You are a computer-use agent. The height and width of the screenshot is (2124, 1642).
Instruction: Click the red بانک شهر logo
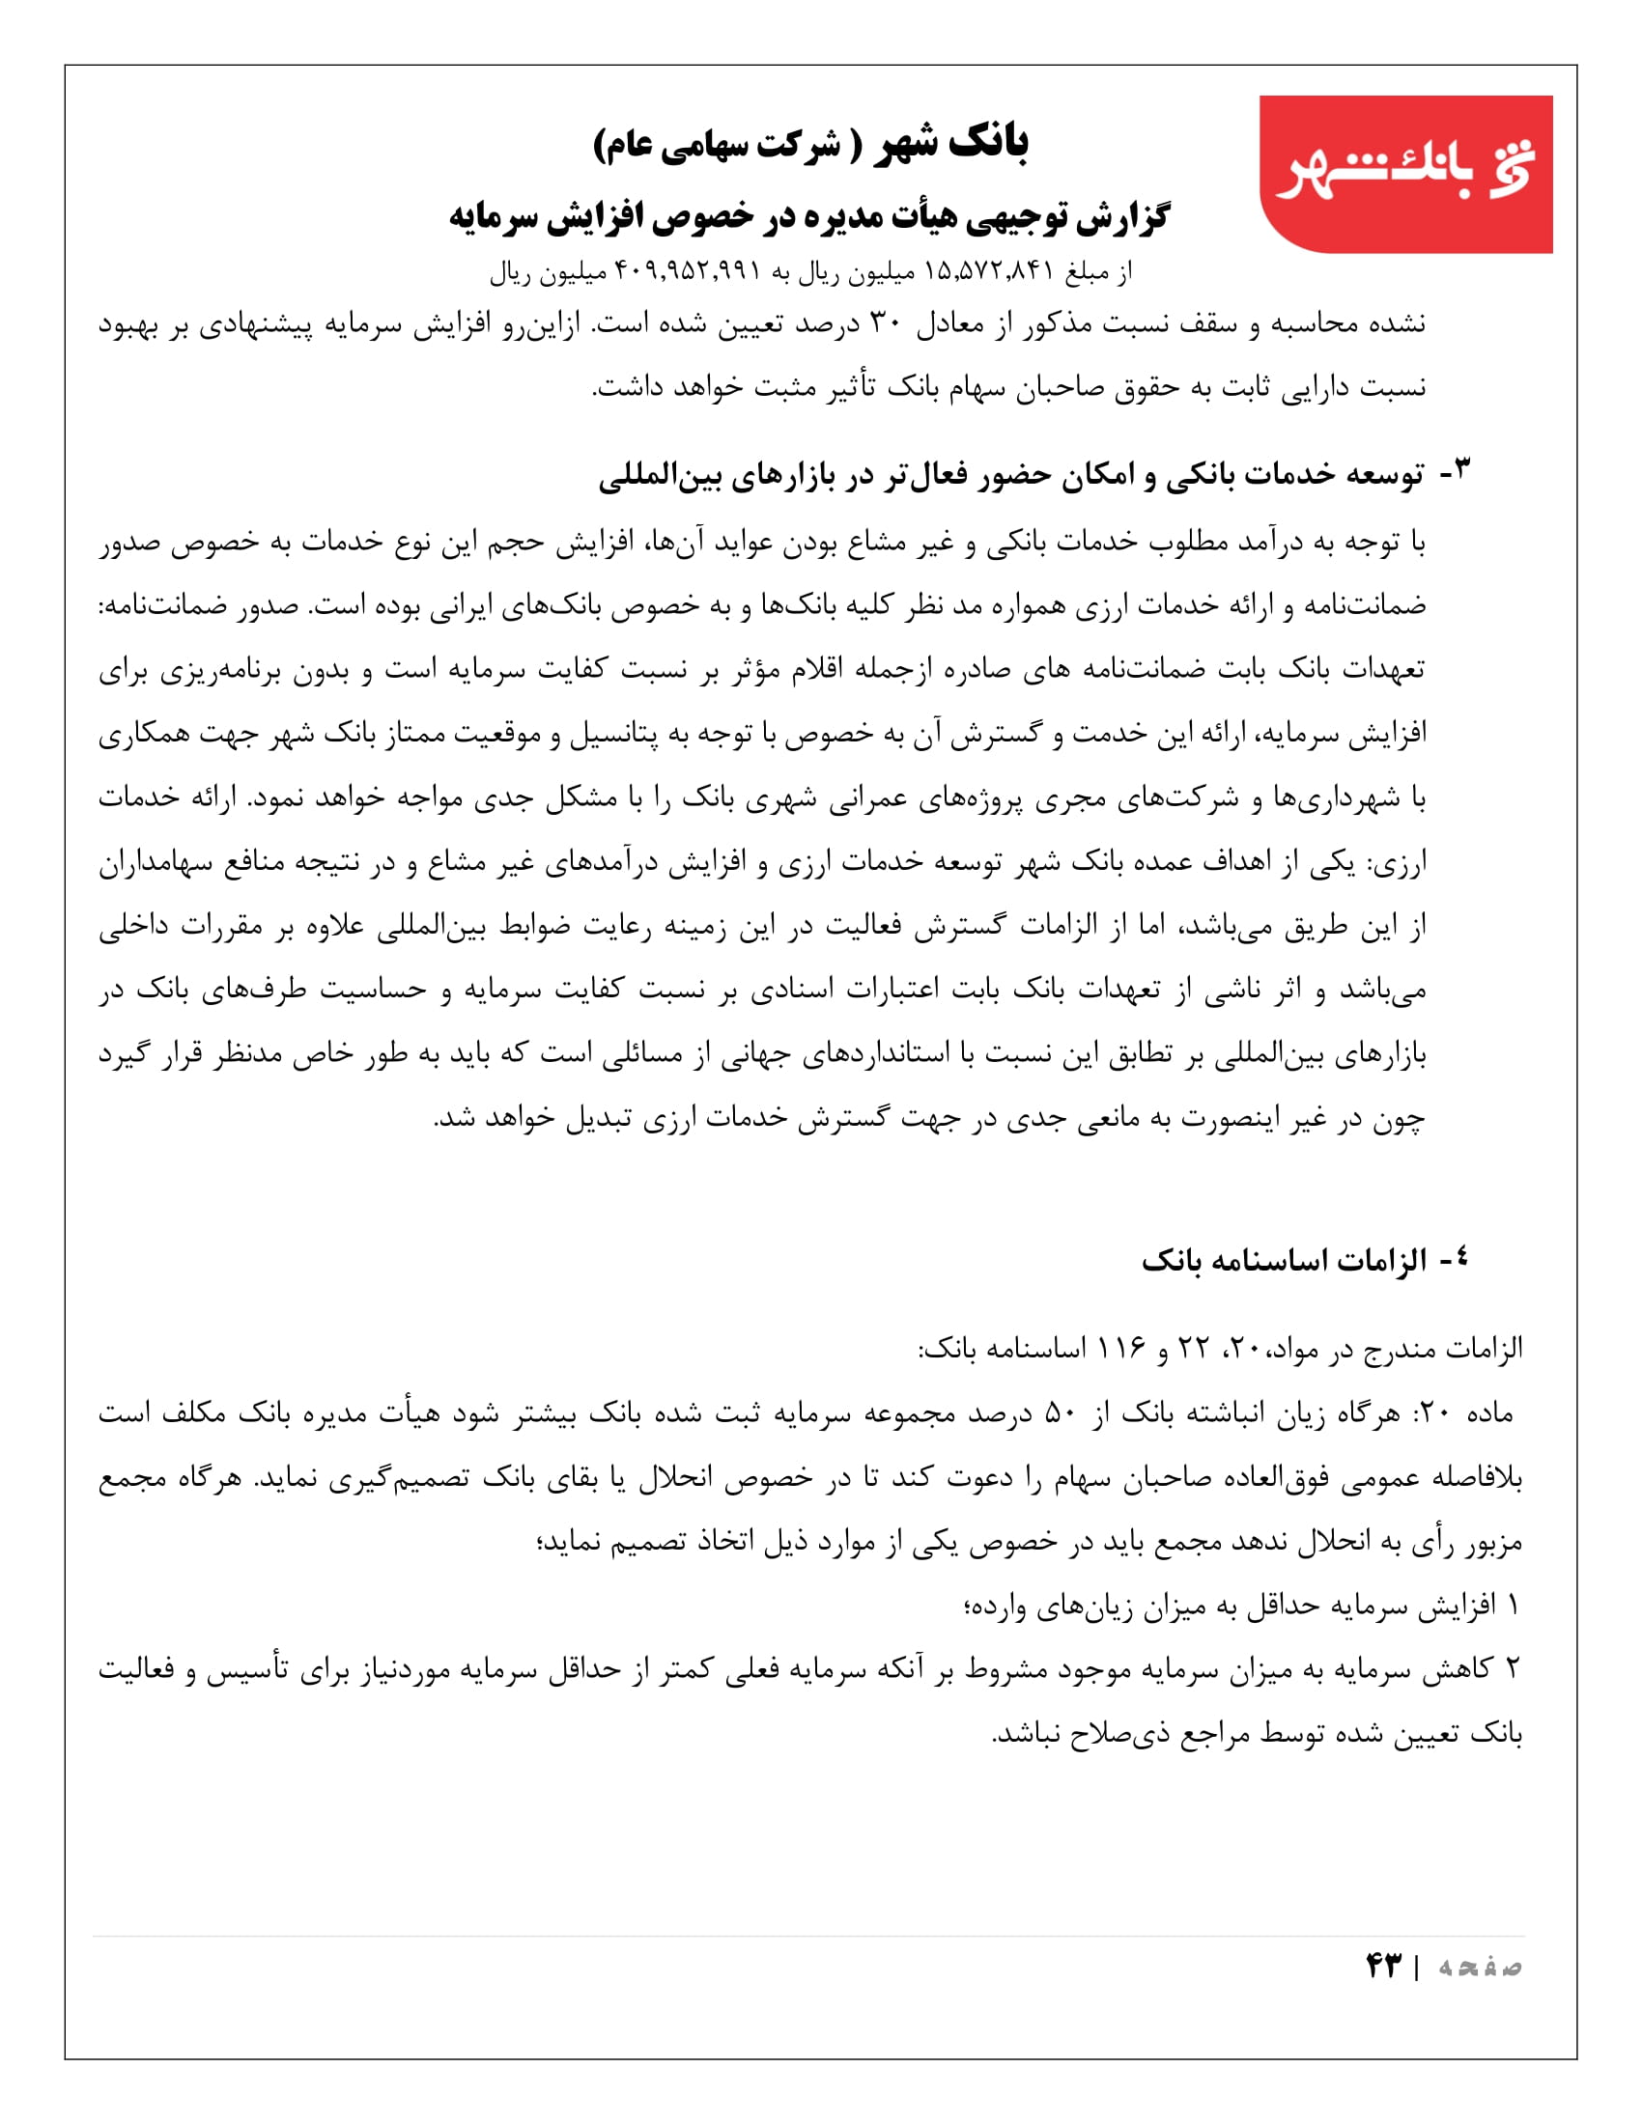[1404, 174]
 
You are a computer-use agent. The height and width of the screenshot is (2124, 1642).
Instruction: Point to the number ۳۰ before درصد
[885, 323]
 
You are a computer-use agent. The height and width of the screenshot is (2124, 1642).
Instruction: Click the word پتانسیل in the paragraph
[613, 734]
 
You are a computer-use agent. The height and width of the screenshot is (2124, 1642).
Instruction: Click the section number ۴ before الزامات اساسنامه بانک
[1459, 1259]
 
